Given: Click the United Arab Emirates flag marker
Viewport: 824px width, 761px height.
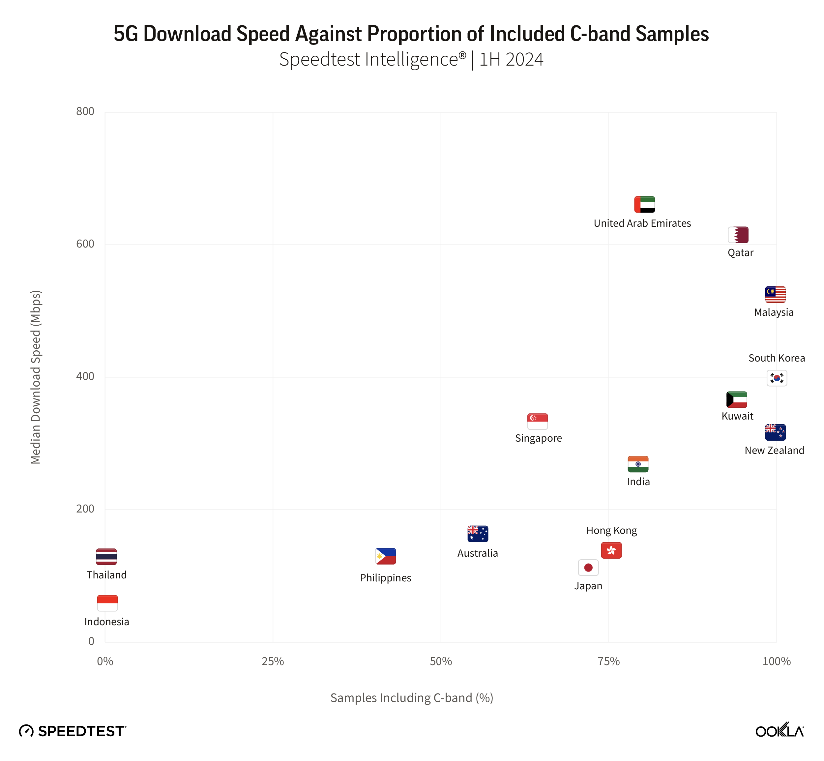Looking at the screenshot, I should click(x=644, y=204).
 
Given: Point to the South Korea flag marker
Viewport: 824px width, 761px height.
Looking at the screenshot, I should click(x=776, y=378).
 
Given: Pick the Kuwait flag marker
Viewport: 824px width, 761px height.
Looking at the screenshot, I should click(x=736, y=399).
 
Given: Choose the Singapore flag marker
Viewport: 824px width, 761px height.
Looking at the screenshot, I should click(x=537, y=421).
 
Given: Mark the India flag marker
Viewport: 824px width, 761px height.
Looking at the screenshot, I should click(x=638, y=464).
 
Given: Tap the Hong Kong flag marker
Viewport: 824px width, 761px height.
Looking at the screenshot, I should click(x=611, y=550).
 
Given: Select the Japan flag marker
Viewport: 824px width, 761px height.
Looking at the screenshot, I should click(x=588, y=568).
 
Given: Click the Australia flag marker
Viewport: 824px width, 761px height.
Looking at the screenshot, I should click(x=478, y=534).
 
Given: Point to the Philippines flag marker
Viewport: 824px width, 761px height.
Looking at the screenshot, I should click(x=385, y=556).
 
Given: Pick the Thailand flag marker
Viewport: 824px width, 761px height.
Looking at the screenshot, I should click(x=106, y=557).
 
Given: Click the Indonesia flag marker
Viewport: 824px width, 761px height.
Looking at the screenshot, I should click(x=107, y=603).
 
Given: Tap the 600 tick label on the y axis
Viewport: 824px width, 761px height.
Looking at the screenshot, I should click(x=85, y=244).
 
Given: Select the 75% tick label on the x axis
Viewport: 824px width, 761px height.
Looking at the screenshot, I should click(x=609, y=661).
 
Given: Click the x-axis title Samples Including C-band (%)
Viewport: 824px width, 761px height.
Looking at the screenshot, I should click(x=412, y=698).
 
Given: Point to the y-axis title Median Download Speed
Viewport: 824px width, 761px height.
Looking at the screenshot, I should click(x=36, y=377).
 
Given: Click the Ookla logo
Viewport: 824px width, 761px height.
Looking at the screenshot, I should click(x=779, y=731).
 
